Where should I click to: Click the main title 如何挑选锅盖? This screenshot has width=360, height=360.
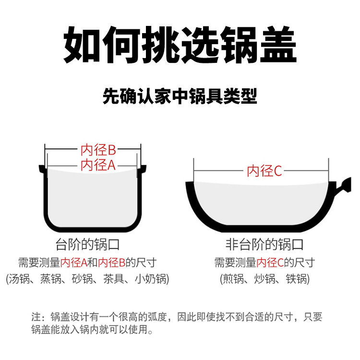tap(180, 46)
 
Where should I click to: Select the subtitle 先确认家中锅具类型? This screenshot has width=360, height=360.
tap(180, 96)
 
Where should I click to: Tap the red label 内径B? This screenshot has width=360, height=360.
tap(98, 150)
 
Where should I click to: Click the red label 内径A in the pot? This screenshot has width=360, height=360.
tap(98, 166)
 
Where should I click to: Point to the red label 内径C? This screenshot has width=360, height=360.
tap(264, 171)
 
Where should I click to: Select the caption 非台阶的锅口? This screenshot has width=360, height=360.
tap(264, 244)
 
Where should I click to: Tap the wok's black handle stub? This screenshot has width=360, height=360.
tap(344, 185)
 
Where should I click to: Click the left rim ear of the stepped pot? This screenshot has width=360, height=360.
tap(41, 168)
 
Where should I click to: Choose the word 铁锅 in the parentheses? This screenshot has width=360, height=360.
tap(296, 279)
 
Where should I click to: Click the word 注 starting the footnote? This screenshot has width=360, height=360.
tap(36, 317)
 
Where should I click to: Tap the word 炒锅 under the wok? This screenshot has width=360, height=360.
tap(264, 279)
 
